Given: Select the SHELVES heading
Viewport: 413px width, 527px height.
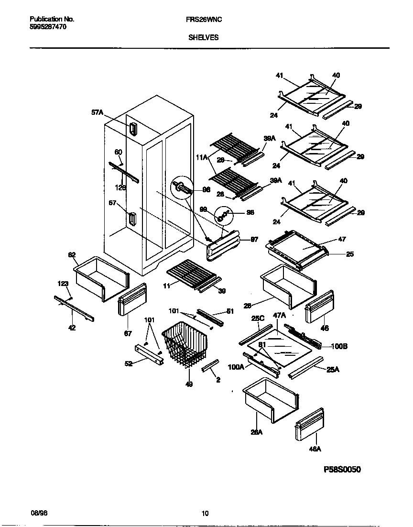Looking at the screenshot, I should click(203, 37).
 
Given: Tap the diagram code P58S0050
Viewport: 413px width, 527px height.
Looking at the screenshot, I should click(342, 470).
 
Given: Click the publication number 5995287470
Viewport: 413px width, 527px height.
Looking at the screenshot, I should click(48, 27).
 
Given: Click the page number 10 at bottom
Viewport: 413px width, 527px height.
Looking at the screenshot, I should click(205, 514).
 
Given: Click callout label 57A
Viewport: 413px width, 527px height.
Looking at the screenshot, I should click(97, 112).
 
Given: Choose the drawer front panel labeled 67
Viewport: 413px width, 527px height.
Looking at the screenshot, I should click(131, 299).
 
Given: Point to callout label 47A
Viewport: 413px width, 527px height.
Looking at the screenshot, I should click(279, 316).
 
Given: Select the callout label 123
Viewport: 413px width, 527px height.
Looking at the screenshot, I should click(64, 284).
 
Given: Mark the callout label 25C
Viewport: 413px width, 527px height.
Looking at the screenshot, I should click(258, 318).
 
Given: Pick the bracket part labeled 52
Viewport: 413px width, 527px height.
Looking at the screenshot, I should click(149, 353).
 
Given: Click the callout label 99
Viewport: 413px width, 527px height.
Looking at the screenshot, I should click(204, 209).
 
